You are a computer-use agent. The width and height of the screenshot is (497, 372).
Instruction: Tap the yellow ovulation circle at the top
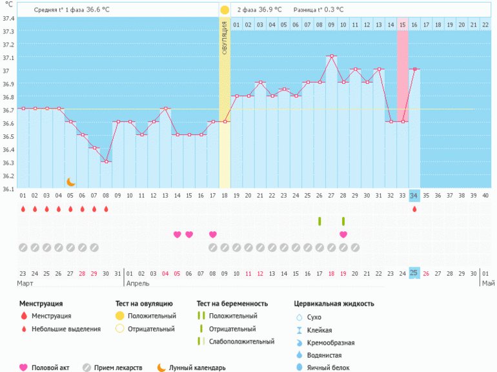(x=224, y=10)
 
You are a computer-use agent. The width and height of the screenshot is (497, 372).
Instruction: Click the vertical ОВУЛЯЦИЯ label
(x=225, y=38)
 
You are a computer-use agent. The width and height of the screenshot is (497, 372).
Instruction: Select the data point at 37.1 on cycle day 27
(x=332, y=56)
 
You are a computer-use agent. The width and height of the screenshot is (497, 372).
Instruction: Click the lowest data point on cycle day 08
(x=106, y=161)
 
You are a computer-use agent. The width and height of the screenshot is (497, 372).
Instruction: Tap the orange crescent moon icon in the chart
(x=71, y=182)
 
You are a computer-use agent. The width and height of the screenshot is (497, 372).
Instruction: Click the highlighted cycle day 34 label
(x=414, y=196)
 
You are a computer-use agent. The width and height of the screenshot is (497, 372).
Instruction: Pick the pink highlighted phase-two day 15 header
(x=403, y=25)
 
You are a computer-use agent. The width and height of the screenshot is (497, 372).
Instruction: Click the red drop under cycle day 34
(x=414, y=209)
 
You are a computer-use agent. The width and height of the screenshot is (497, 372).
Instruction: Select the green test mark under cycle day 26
(x=319, y=222)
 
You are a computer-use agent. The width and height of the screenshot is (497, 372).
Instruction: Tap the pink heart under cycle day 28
(x=343, y=234)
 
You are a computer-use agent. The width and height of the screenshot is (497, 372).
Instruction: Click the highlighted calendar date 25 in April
(x=414, y=273)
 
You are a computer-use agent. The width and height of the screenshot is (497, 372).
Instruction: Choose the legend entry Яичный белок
(x=331, y=367)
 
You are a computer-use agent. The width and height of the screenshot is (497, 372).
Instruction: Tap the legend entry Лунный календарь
(x=198, y=367)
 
